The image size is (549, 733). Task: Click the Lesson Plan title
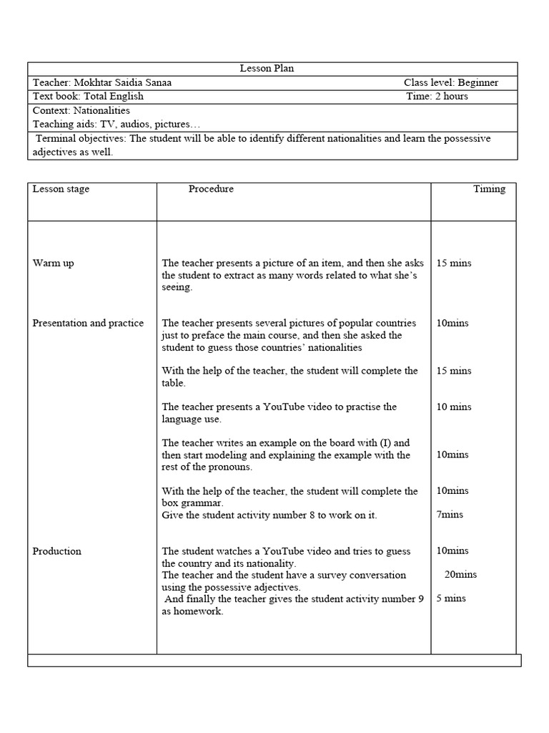coord(267,69)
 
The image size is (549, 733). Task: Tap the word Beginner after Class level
coord(478,82)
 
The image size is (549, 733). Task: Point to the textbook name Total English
coord(114,96)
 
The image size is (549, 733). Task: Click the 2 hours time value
coord(452,96)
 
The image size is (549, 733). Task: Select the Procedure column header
coord(211,189)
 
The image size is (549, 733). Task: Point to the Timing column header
coord(489,189)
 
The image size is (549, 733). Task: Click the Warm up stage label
coord(53,263)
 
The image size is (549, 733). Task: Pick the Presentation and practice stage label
coord(88,323)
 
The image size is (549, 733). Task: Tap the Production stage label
coord(57,551)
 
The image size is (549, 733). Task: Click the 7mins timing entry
coord(450,515)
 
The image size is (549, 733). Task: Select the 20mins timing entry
coord(460,574)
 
